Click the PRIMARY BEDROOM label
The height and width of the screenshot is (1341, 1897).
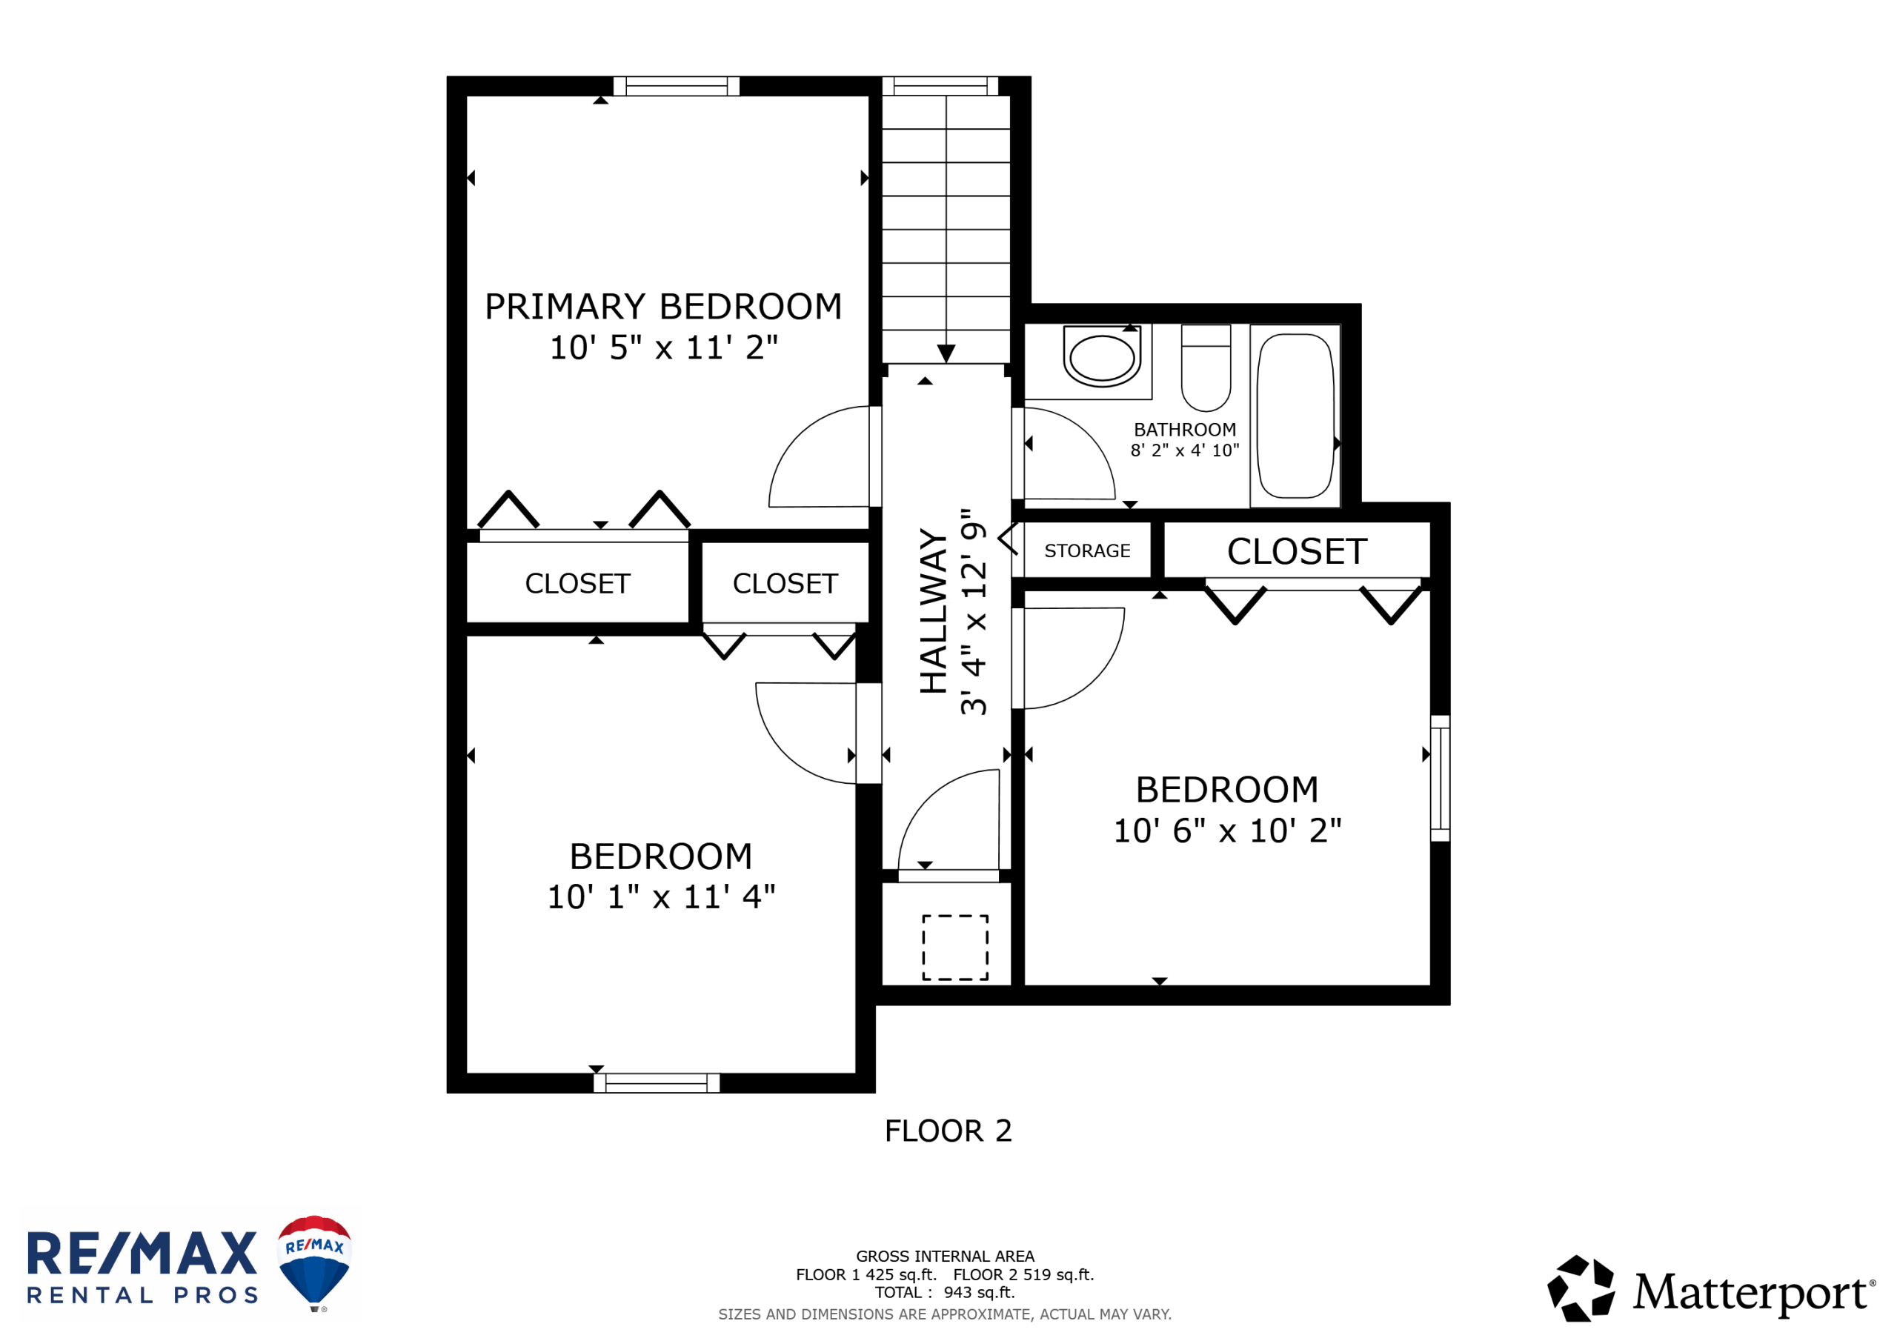(662, 307)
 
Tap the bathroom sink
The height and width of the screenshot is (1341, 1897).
(1101, 357)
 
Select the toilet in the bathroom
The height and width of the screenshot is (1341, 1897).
(1206, 367)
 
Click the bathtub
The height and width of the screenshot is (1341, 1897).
(1295, 416)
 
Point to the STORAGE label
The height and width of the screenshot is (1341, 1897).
(1087, 551)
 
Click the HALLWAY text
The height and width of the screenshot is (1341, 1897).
(934, 611)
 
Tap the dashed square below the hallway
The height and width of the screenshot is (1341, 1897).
(955, 948)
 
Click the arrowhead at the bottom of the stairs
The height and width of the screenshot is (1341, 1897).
(946, 353)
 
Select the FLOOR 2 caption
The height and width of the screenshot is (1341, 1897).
(948, 1131)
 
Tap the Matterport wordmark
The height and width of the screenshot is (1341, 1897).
(1752, 1293)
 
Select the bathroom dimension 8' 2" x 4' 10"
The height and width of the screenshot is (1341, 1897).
(1185, 450)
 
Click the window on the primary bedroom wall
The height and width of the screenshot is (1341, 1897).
(676, 86)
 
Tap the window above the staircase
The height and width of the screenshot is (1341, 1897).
(940, 86)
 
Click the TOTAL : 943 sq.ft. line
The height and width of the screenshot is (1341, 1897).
(946, 1293)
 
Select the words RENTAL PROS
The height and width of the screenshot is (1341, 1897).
(142, 1296)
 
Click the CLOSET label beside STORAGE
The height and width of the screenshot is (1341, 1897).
(1298, 552)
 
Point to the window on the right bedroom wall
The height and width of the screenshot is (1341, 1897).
(1440, 779)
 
